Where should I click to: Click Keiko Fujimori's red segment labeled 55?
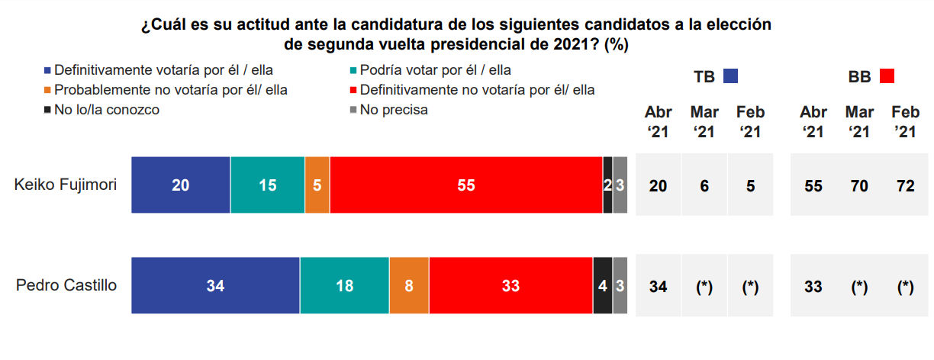point(466,185)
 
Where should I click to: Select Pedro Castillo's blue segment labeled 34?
point(216,285)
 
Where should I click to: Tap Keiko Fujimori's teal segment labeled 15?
point(268,185)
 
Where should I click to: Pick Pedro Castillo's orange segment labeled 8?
point(409,285)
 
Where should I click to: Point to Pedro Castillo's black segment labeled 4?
point(603,285)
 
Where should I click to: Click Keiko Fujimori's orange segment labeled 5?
point(317,185)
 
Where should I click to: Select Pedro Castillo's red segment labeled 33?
point(511,285)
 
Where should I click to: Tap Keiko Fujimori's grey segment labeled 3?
point(620,185)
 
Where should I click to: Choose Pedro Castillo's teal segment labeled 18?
point(345,285)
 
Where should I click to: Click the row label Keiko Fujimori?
point(66,185)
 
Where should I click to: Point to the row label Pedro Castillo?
point(66,285)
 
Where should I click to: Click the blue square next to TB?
point(730,76)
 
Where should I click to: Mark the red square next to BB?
point(887,76)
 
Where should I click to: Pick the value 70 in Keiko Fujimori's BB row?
point(859,186)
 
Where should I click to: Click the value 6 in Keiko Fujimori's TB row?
point(704,186)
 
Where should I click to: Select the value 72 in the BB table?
point(906,186)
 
